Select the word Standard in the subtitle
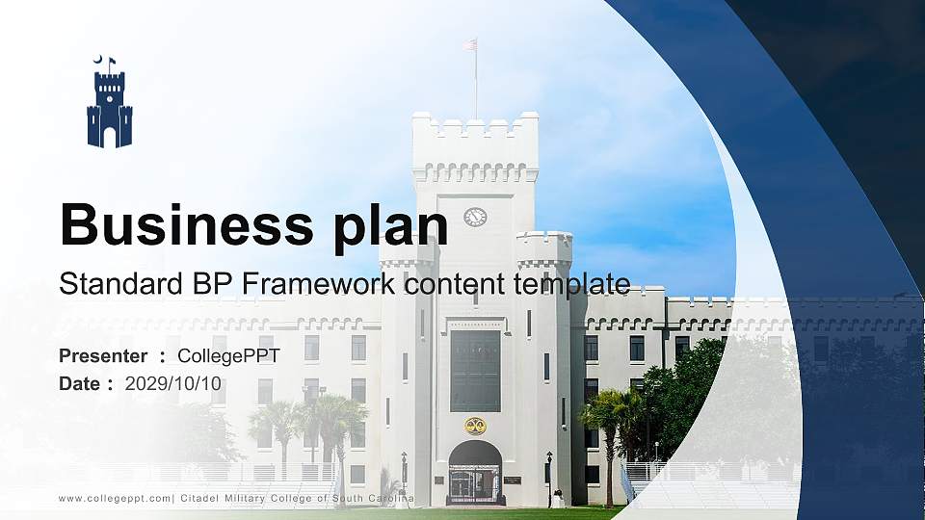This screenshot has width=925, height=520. (x=107, y=284)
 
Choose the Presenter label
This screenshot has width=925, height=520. (x=103, y=356)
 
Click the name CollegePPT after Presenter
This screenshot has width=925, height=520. (x=228, y=356)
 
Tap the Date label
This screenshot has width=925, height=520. (x=80, y=383)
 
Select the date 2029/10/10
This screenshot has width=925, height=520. (x=174, y=383)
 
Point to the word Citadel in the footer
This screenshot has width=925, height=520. (x=203, y=498)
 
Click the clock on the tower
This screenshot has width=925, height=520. (x=475, y=217)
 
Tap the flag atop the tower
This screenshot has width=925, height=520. (x=470, y=44)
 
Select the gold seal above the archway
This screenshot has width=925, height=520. (x=475, y=425)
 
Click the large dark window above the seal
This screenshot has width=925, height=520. (x=475, y=371)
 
